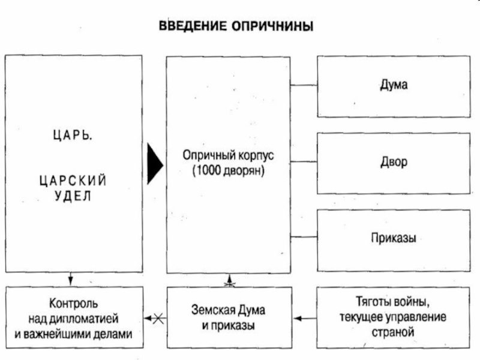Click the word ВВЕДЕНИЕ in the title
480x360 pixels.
(x=193, y=26)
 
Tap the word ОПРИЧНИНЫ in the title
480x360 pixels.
(x=272, y=26)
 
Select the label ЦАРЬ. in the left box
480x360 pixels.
(x=73, y=134)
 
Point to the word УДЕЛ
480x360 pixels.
(x=73, y=196)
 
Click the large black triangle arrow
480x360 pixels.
(x=155, y=164)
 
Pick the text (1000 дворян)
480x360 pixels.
(x=229, y=170)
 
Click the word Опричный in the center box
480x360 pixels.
(x=209, y=155)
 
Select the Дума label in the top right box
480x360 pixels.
(x=394, y=85)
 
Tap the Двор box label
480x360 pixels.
(x=394, y=162)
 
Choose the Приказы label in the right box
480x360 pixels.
(x=394, y=238)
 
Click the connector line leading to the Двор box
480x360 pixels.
(x=304, y=161)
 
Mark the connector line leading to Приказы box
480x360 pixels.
(x=304, y=236)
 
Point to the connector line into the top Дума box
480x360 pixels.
(x=304, y=85)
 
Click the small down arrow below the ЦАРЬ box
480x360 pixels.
(x=71, y=279)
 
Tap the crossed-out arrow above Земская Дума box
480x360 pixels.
(x=230, y=281)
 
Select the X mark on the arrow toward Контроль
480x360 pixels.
(x=158, y=319)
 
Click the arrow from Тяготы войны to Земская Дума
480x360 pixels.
(x=305, y=319)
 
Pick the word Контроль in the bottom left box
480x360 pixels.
(x=73, y=304)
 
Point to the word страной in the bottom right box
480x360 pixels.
(x=393, y=332)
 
